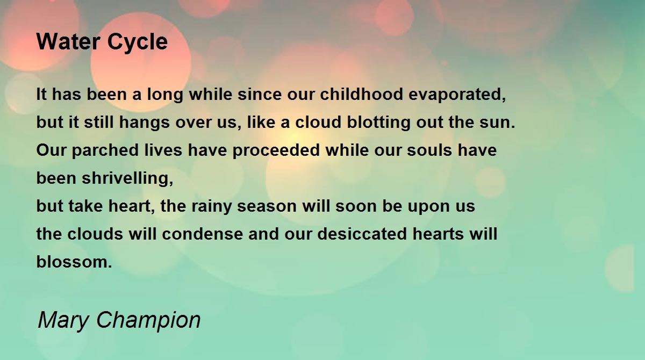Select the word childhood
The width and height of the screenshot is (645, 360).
pos(361,94)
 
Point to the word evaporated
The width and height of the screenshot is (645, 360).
pos(457,95)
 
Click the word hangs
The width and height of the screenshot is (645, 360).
pos(144,123)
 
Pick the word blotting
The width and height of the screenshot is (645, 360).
pos(378,123)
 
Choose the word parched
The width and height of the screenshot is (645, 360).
pos(105,151)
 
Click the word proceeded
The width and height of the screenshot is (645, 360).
pos(276,151)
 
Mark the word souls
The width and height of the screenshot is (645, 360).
pos(429,150)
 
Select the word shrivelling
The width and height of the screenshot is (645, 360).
pos(127,179)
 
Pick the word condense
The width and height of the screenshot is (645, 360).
pos(203,234)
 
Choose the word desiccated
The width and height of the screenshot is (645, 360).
pos(362,234)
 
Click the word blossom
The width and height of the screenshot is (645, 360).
pos(74,262)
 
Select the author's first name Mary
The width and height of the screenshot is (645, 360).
pos(63,321)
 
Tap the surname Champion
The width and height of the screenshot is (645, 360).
pos(148,321)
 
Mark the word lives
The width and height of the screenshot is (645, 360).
pos(163,150)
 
